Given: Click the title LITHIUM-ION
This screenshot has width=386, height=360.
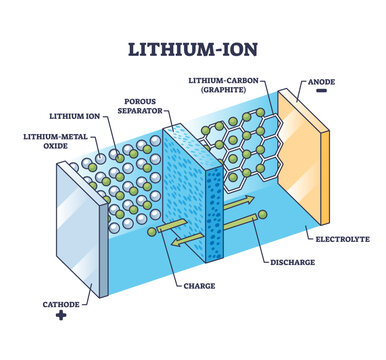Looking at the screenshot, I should coord(192,47).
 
